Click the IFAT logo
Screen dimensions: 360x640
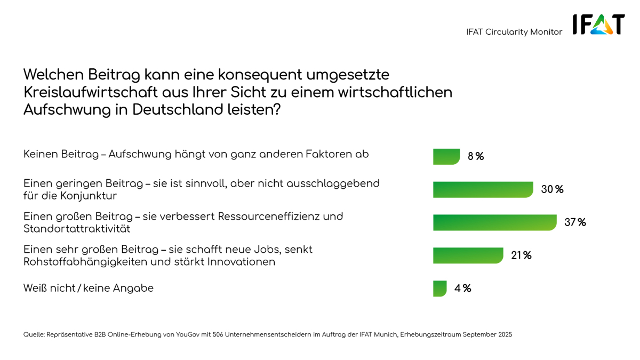[x=598, y=25]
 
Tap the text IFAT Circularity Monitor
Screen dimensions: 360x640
[x=514, y=32]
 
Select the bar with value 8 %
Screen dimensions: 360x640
[x=446, y=156]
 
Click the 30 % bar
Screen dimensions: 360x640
[x=483, y=189]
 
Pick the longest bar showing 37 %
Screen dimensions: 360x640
[x=494, y=222]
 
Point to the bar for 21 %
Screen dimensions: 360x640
[x=468, y=255]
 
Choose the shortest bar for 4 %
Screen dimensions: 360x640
[x=439, y=289]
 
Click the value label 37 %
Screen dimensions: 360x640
[x=575, y=222]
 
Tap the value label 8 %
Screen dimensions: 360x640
[x=476, y=156]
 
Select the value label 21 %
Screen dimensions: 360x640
[x=521, y=255]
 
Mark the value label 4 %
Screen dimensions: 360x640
[x=462, y=289]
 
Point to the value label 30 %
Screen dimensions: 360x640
[x=552, y=189]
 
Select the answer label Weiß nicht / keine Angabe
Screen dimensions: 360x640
[x=89, y=288]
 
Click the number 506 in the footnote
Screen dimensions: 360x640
[x=218, y=334]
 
